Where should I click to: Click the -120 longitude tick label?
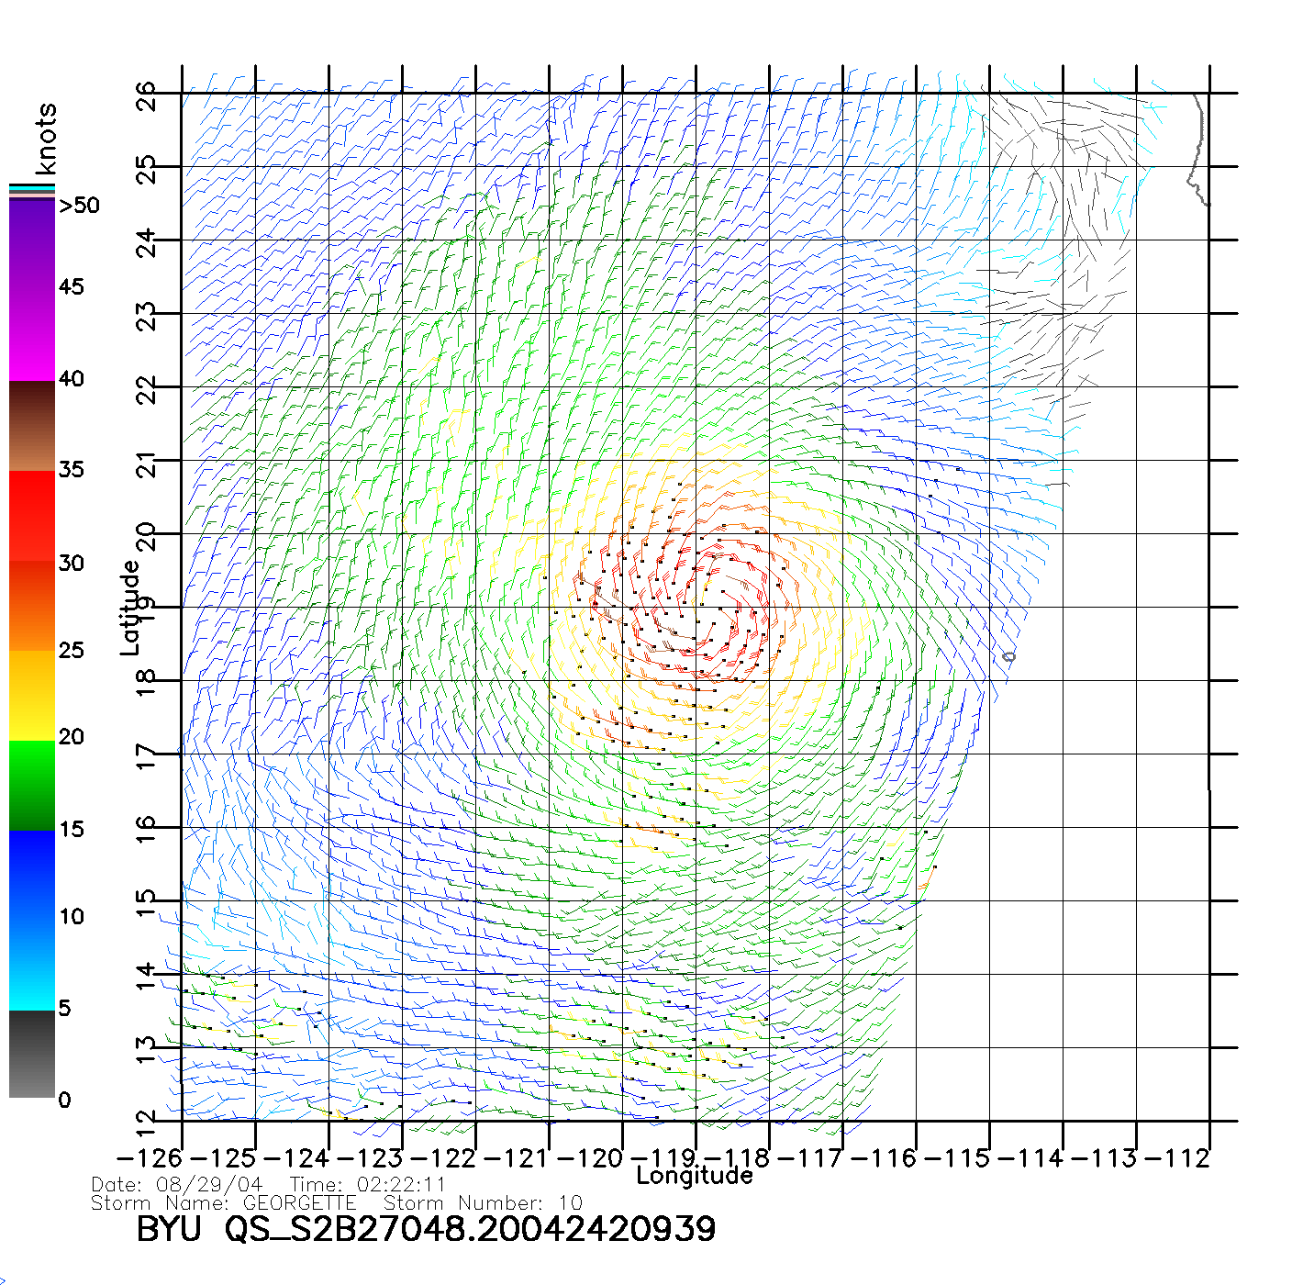tap(589, 1158)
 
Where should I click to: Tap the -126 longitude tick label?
tap(149, 1158)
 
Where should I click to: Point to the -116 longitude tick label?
tap(884, 1158)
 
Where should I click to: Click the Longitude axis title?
tap(695, 1176)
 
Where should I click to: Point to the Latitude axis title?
tap(130, 608)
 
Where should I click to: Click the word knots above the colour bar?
tap(46, 139)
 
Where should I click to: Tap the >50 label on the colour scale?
tap(79, 206)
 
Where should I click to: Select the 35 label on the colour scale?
tap(71, 470)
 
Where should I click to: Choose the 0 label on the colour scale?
tap(64, 1100)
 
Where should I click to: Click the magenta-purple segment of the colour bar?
tap(32, 290)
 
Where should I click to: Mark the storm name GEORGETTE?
tap(299, 1202)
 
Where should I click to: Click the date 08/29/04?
tap(209, 1185)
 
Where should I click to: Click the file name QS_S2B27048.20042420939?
tap(470, 1229)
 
